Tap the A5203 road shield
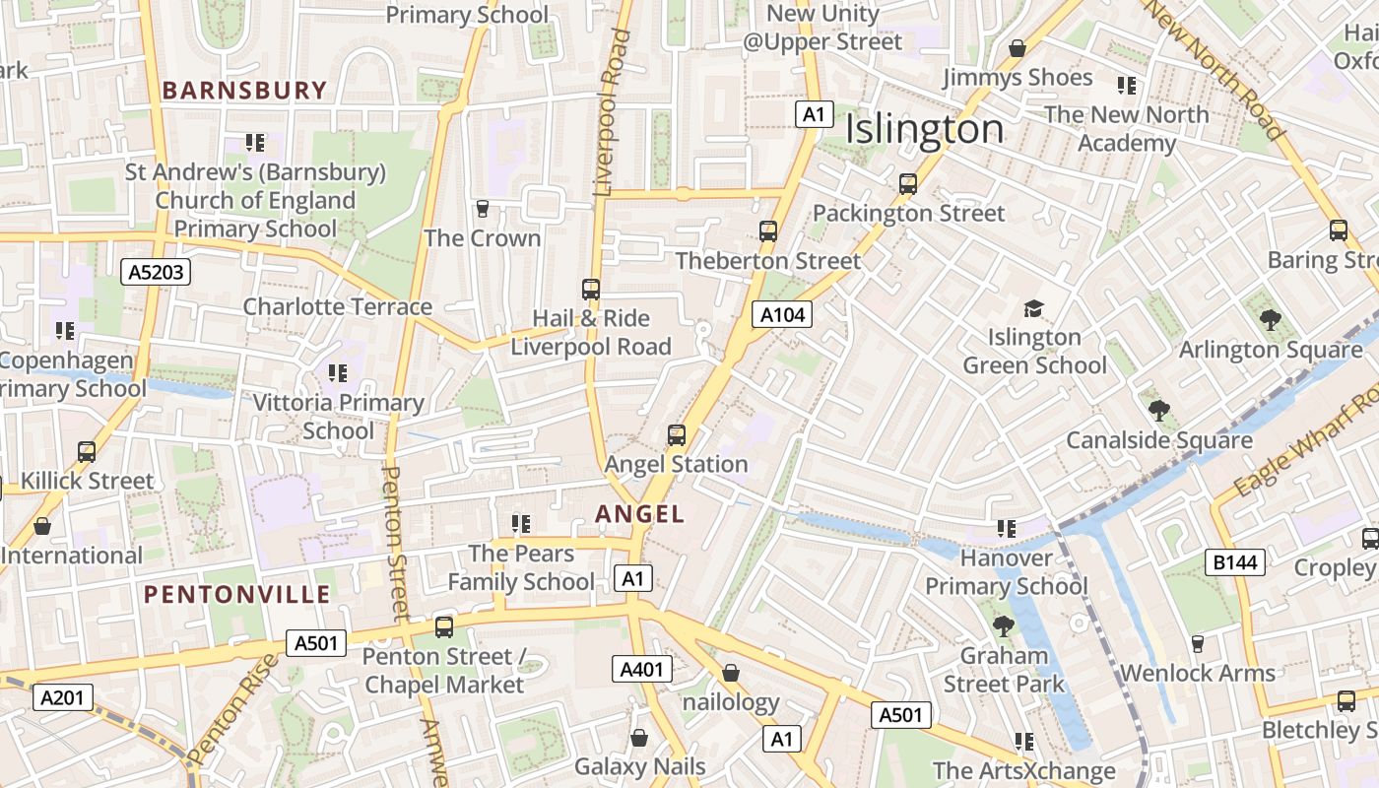click(x=156, y=272)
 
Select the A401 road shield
click(x=641, y=670)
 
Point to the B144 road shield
click(x=1235, y=562)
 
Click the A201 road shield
click(x=63, y=697)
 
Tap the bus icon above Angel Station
click(x=677, y=434)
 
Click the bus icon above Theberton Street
click(x=768, y=231)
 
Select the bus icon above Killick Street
click(x=87, y=452)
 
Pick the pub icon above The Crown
click(x=483, y=209)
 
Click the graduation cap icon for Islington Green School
click(x=1033, y=308)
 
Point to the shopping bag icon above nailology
click(x=731, y=673)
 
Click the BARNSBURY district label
click(x=244, y=91)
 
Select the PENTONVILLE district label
click(x=237, y=594)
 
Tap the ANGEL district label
click(x=639, y=513)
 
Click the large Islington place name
click(x=924, y=129)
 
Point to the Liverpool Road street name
click(x=611, y=113)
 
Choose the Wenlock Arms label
click(x=1198, y=673)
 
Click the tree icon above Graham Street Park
click(x=1004, y=626)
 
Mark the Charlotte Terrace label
click(x=338, y=306)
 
